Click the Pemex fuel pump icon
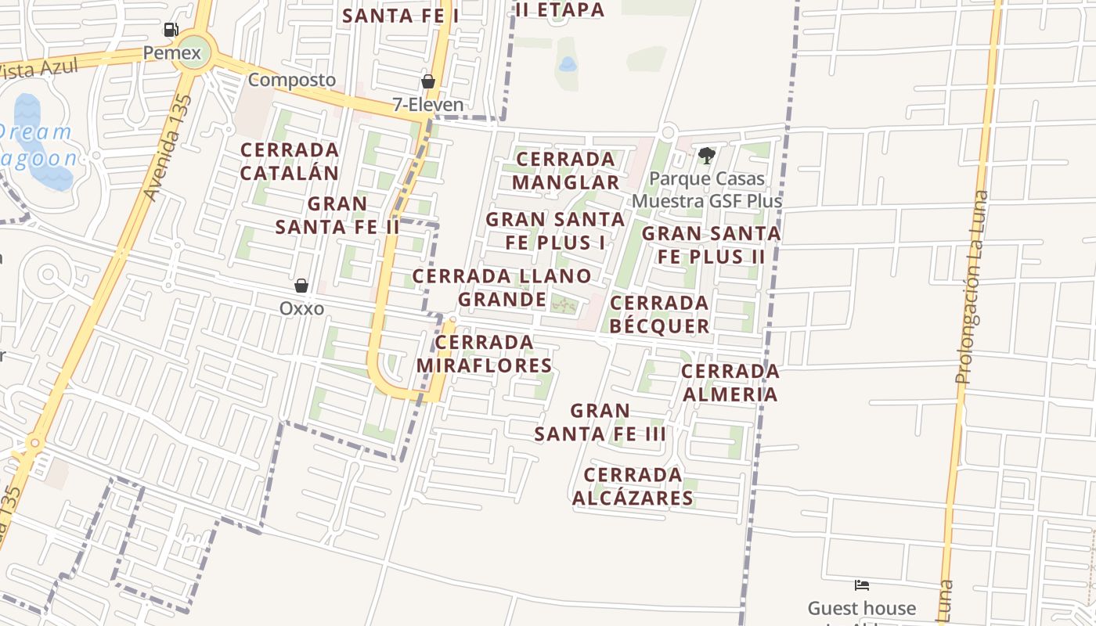(x=171, y=30)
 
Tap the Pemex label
(x=172, y=53)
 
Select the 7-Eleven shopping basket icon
(x=428, y=81)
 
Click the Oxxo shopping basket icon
(x=301, y=286)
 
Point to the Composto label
(x=292, y=80)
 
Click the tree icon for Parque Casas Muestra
(x=706, y=156)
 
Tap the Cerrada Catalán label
(x=290, y=161)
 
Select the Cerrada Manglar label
(x=566, y=171)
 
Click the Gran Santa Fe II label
(x=337, y=216)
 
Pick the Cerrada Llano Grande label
(x=502, y=287)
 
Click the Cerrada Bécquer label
(x=659, y=314)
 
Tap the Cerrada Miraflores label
(x=485, y=354)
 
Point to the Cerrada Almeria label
(x=730, y=382)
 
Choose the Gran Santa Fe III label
(x=600, y=422)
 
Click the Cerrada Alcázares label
(x=633, y=487)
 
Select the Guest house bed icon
(x=862, y=585)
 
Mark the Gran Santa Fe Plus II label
(x=711, y=245)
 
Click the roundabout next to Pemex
(x=192, y=50)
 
